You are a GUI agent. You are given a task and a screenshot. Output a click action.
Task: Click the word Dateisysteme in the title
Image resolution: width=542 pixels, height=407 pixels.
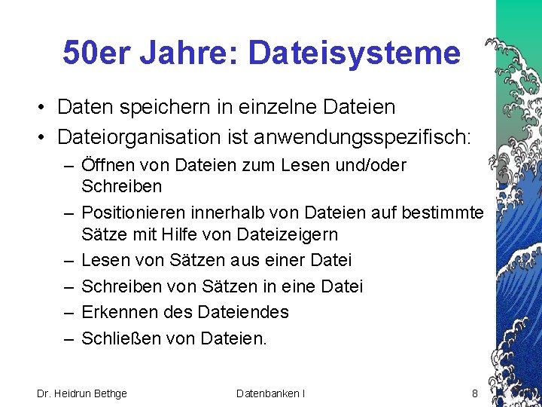tap(354, 54)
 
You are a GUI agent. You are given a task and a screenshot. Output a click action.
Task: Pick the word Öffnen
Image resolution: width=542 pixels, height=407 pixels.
tap(107, 165)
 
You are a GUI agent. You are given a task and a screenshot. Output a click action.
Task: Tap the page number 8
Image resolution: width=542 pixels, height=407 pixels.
tap(474, 393)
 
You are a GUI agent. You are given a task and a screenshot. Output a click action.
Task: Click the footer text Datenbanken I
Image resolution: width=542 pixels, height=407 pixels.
tap(270, 393)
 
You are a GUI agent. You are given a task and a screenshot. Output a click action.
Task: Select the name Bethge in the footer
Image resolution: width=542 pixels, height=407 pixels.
tap(109, 393)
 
